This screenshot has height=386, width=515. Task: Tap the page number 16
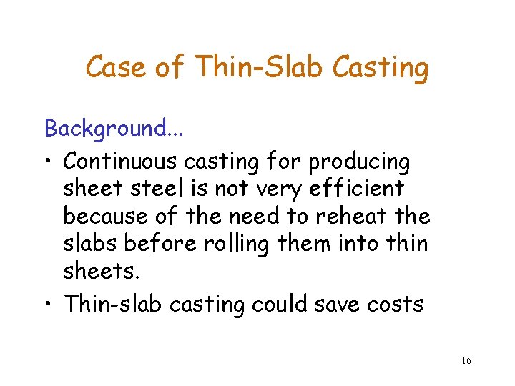click(466, 360)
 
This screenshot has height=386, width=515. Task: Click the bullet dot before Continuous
click(49, 163)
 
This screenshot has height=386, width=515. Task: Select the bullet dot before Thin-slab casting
click(49, 305)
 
